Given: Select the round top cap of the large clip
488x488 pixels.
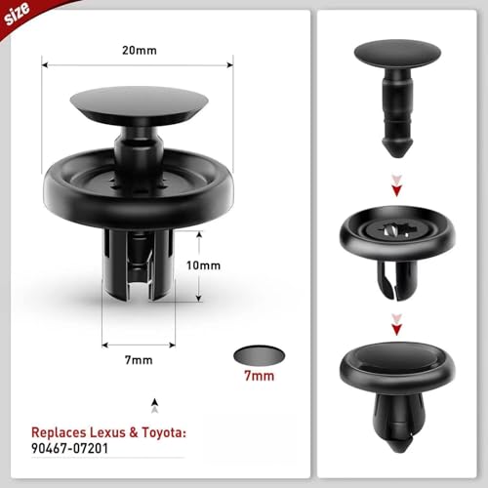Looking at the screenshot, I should [136, 104].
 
